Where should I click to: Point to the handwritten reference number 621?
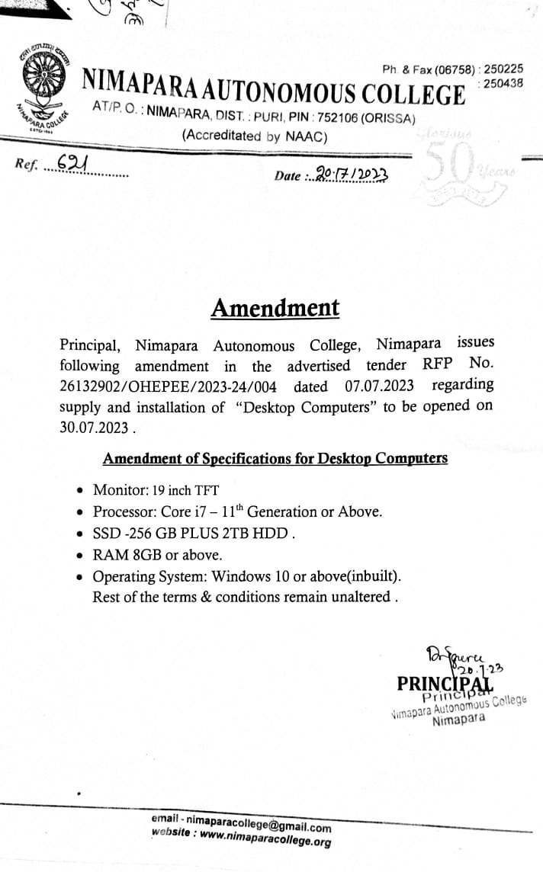click(72, 164)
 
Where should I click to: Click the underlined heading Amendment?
click(275, 309)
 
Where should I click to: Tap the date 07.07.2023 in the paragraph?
click(374, 386)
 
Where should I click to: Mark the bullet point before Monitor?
click(82, 491)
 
